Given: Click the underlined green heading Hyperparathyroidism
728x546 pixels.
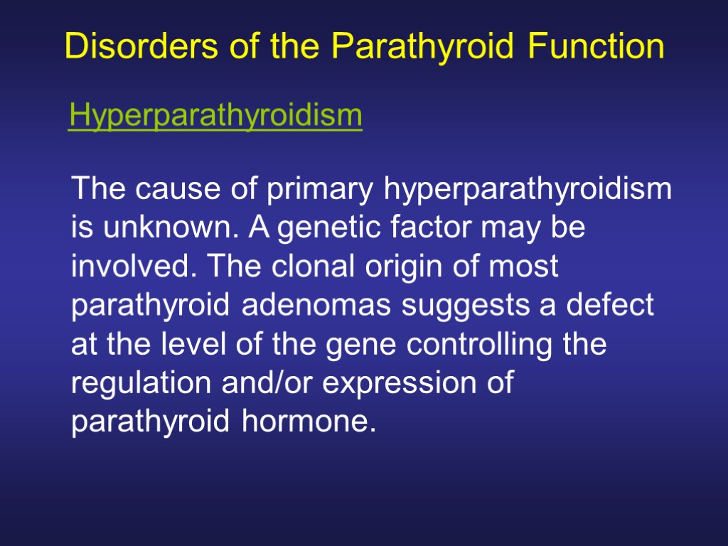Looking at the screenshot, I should click(x=215, y=115).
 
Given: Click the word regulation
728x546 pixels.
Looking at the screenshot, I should click(x=134, y=384).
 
